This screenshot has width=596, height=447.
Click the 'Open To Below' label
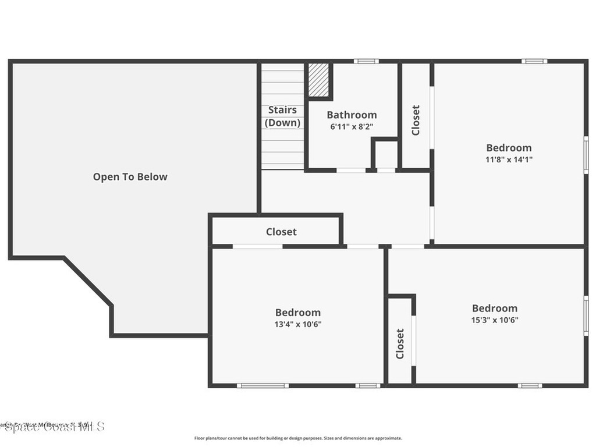coord(130,177)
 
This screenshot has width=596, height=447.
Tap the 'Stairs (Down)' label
coord(283,116)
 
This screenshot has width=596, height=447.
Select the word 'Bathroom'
coord(352,115)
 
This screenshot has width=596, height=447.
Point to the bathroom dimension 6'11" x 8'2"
coord(352,126)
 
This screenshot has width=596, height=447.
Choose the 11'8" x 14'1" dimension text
coord(509,159)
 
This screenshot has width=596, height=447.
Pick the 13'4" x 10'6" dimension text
coord(297,324)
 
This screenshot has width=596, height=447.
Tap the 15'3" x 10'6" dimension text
coord(494,320)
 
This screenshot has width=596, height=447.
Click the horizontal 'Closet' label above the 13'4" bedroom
coord(281,232)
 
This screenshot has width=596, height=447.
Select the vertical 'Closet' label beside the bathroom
coord(416,120)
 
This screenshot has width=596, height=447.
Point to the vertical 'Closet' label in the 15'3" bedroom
coord(400,343)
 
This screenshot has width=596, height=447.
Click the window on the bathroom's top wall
coord(366,61)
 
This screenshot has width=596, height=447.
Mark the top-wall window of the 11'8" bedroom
coord(534,61)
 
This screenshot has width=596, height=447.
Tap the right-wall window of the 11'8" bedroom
coord(586,154)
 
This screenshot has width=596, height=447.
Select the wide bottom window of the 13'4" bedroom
coord(262,385)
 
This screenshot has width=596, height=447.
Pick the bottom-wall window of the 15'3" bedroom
coord(530,385)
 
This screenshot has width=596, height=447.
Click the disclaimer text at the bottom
coord(298,438)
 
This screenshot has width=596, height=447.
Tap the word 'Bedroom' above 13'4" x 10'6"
coord(297,313)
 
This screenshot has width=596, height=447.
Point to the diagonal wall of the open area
coord(87,281)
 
